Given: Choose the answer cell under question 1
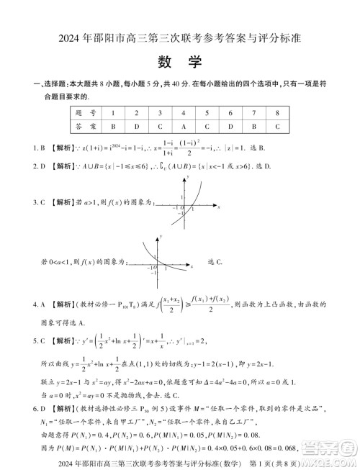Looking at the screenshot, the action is (x=113, y=126).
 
